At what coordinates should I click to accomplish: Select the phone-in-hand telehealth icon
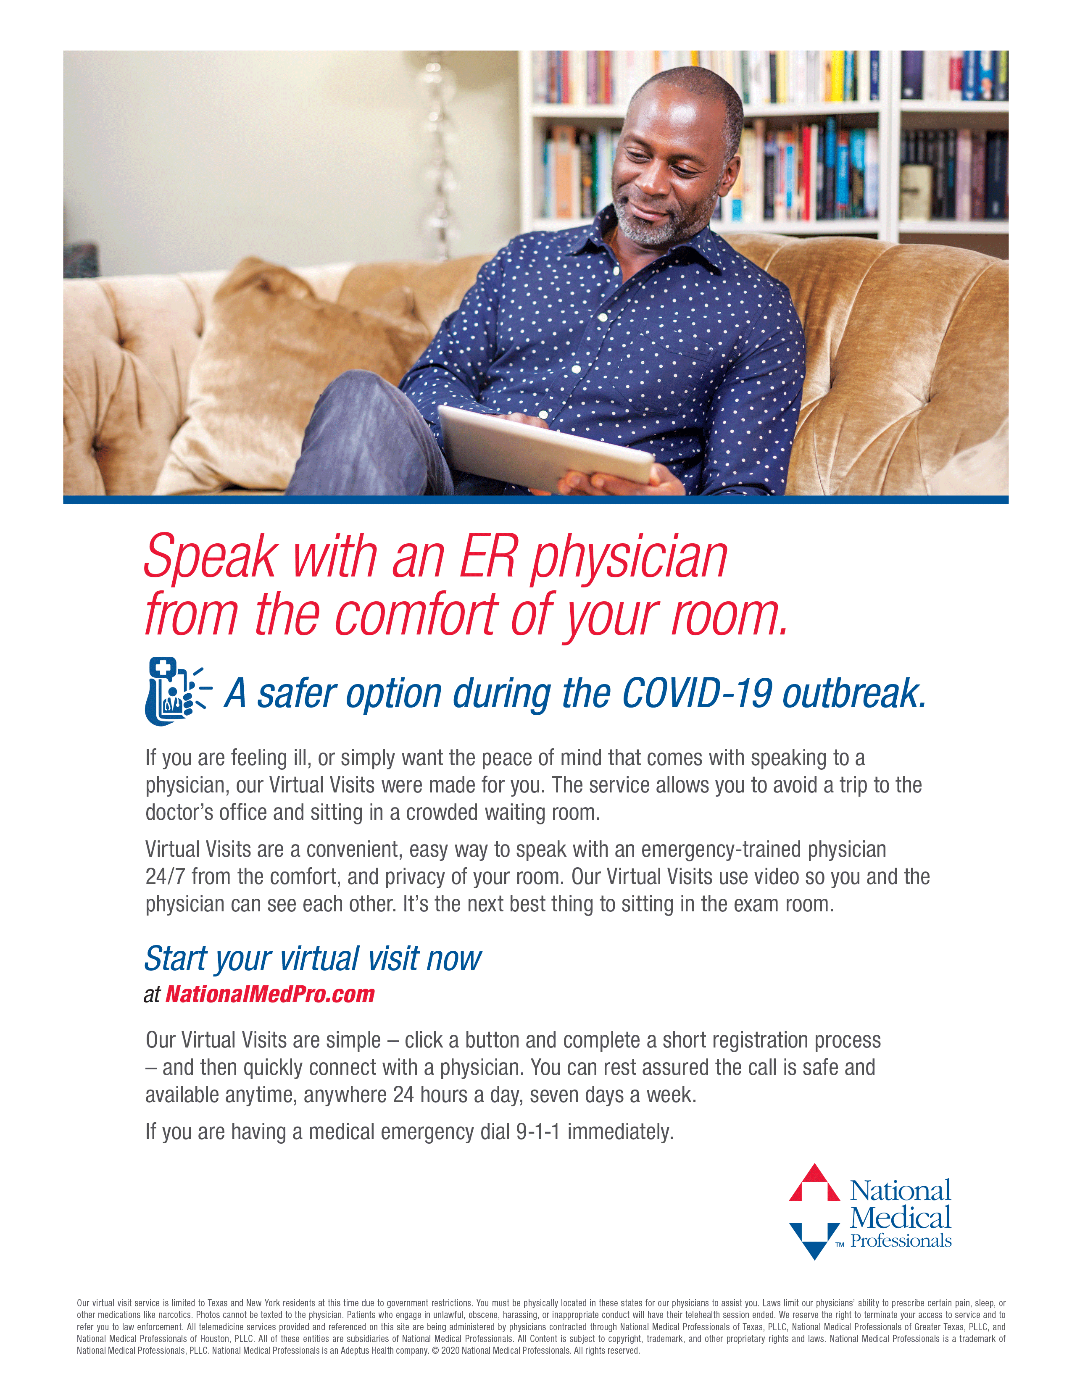point(175,691)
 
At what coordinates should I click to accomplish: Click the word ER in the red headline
point(488,558)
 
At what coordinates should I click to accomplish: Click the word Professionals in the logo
point(901,1240)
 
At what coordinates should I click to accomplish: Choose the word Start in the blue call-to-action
point(176,959)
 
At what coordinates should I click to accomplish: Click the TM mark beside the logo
point(840,1245)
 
